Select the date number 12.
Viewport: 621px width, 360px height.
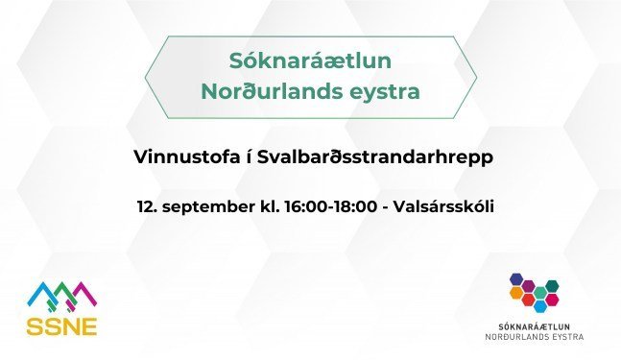pyautogui.click(x=146, y=206)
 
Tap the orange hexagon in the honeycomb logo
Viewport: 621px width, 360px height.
pyautogui.click(x=516, y=292)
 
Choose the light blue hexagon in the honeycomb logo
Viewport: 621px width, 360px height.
pyautogui.click(x=540, y=305)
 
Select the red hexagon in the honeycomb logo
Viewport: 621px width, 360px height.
pyautogui.click(x=528, y=300)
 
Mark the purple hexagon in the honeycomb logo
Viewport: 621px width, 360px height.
pyautogui.click(x=529, y=286)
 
